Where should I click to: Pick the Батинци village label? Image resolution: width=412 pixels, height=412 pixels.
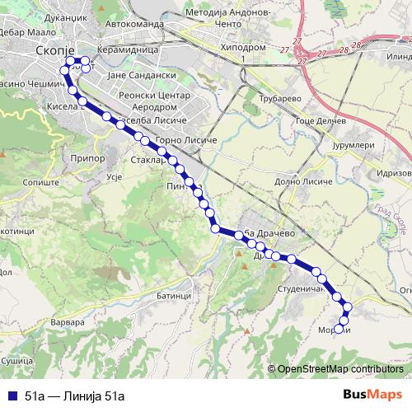(x=174, y=294)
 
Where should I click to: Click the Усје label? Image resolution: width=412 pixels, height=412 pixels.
(x=115, y=177)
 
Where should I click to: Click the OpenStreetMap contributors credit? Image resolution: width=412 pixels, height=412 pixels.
(x=340, y=369)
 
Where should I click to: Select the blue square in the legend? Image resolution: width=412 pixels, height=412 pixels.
(x=11, y=395)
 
